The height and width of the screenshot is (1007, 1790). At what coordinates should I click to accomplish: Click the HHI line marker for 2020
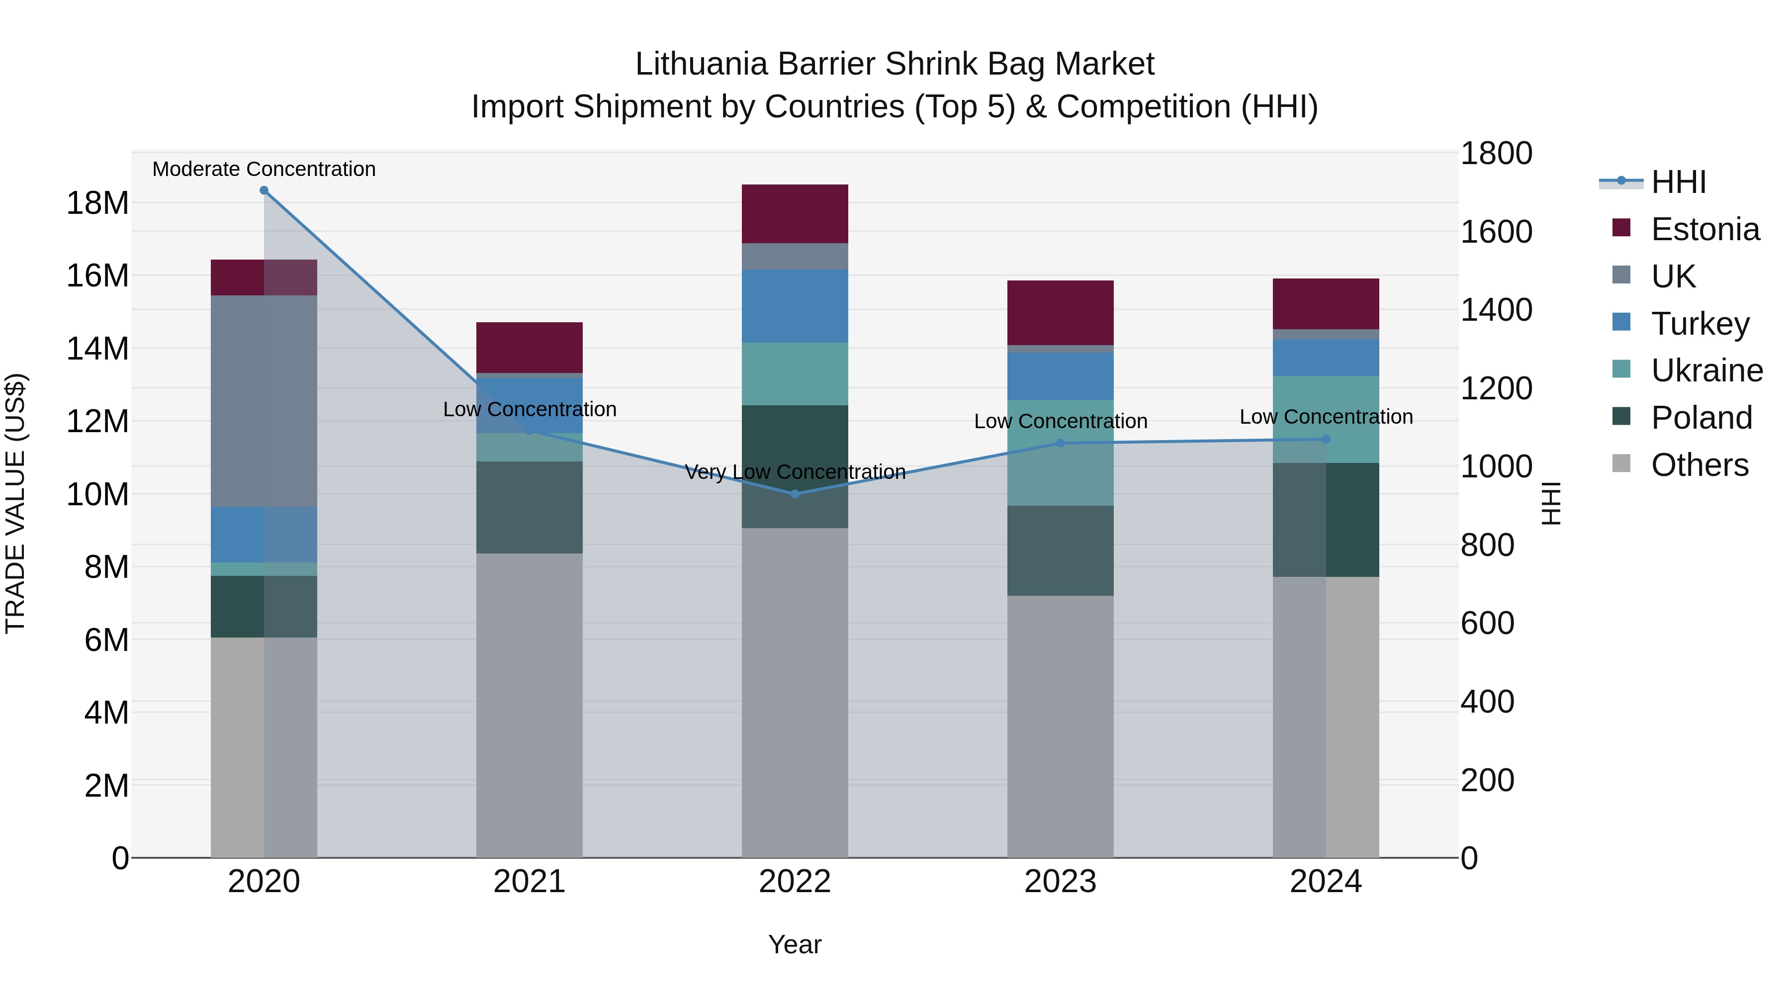tap(264, 190)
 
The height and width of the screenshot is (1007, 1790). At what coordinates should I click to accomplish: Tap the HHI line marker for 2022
tap(795, 494)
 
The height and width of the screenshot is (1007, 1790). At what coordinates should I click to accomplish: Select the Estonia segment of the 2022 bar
tap(795, 213)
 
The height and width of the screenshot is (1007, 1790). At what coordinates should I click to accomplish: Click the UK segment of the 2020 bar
tap(264, 401)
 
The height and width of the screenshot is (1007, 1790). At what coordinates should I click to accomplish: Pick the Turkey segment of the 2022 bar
tap(795, 306)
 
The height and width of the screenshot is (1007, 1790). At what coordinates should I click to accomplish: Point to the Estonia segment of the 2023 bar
tap(1061, 313)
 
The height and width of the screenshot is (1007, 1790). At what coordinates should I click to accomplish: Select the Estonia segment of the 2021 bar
tap(530, 348)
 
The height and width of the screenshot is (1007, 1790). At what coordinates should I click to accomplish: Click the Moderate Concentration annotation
tap(264, 169)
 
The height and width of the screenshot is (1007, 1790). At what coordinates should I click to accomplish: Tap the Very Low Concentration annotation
tap(795, 472)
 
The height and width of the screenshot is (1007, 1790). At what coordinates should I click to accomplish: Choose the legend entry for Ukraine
tap(1706, 370)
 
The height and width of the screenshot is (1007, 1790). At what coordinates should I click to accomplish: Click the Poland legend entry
tap(1701, 418)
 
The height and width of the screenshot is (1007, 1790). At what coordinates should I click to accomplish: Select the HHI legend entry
tap(1678, 182)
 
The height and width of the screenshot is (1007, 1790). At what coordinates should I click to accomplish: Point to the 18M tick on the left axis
tap(97, 203)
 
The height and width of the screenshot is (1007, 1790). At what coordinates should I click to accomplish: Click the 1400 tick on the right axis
tap(1495, 309)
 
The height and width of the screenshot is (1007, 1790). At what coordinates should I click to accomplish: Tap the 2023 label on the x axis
tap(1061, 882)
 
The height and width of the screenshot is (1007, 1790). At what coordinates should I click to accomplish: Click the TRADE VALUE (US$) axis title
tap(15, 503)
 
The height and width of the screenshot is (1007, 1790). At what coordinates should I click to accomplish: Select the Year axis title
tap(795, 944)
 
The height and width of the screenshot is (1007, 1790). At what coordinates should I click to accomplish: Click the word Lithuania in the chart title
tap(702, 64)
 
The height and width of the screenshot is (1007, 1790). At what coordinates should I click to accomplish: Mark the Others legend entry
tap(1699, 465)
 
